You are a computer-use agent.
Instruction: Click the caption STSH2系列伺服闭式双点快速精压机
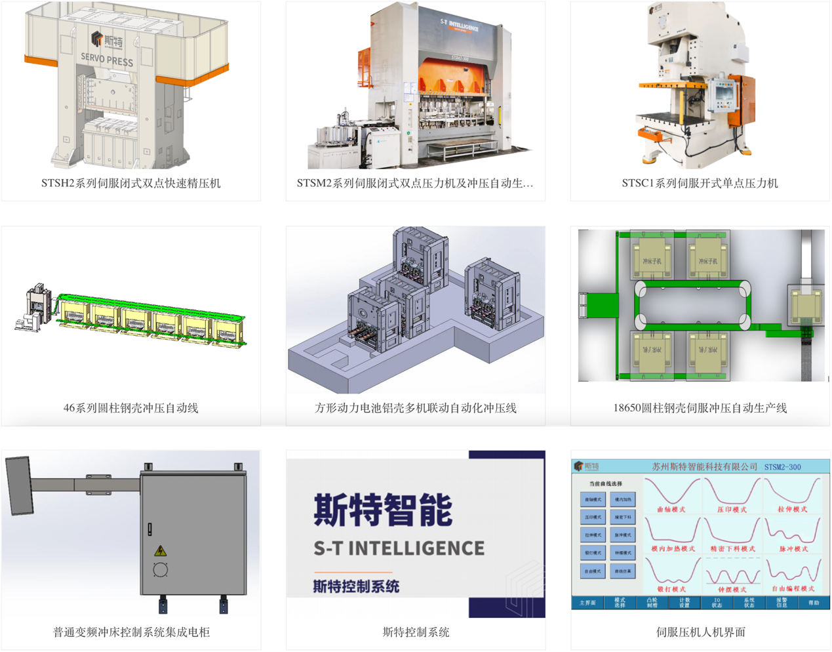130,183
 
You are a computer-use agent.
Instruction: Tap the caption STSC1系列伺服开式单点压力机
700,183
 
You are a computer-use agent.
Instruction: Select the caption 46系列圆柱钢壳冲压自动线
130,407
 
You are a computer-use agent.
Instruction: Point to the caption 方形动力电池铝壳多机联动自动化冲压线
416,407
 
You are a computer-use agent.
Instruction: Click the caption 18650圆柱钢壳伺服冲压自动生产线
700,407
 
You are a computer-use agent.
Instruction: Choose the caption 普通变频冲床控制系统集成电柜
131,632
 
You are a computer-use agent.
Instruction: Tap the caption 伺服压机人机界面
700,632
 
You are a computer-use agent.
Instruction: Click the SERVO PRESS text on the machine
107,60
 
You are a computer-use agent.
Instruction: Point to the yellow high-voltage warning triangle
160,550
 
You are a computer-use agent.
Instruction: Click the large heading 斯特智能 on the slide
383,510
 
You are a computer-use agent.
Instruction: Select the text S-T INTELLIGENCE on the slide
399,548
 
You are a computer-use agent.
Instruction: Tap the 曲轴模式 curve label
671,509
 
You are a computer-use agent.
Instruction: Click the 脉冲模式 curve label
793,549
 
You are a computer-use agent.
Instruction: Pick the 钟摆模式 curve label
732,589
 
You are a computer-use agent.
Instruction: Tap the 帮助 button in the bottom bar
813,603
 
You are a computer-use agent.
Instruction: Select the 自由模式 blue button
593,571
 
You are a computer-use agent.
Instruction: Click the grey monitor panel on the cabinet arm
20,485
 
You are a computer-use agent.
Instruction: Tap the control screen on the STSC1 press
724,93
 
